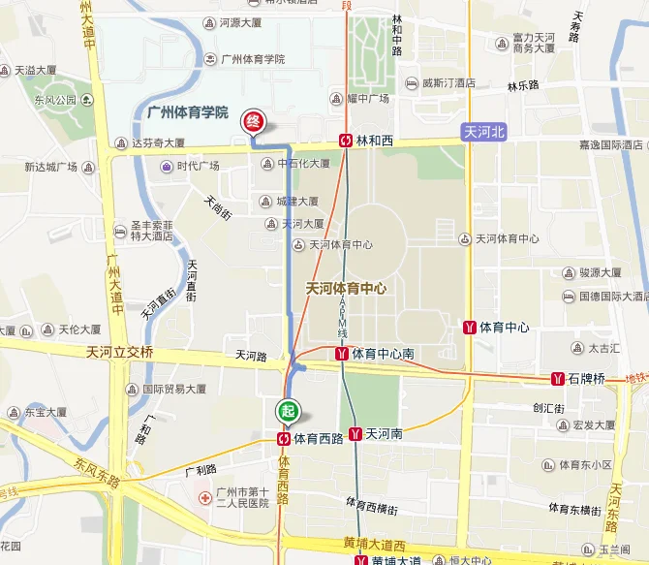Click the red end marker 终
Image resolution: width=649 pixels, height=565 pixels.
coord(252,121)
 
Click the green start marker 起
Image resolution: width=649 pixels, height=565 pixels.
coord(286,411)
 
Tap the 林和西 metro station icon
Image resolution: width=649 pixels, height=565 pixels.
coord(346,141)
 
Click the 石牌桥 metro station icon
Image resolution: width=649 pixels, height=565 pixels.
coord(558,378)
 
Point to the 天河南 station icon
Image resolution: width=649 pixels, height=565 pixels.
coord(355,435)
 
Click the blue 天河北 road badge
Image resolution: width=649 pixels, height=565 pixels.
coord(484,132)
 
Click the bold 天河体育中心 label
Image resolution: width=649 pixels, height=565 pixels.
coord(346,288)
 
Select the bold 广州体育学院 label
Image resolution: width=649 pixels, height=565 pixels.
coord(187,113)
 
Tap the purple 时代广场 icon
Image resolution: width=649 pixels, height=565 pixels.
coord(167,166)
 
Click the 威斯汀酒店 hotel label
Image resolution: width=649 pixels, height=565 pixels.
coord(448,83)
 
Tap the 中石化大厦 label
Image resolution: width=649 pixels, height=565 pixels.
coord(303,164)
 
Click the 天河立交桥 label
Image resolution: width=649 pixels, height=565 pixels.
coord(119,352)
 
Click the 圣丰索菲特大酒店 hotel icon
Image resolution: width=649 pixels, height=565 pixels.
coord(122,229)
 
